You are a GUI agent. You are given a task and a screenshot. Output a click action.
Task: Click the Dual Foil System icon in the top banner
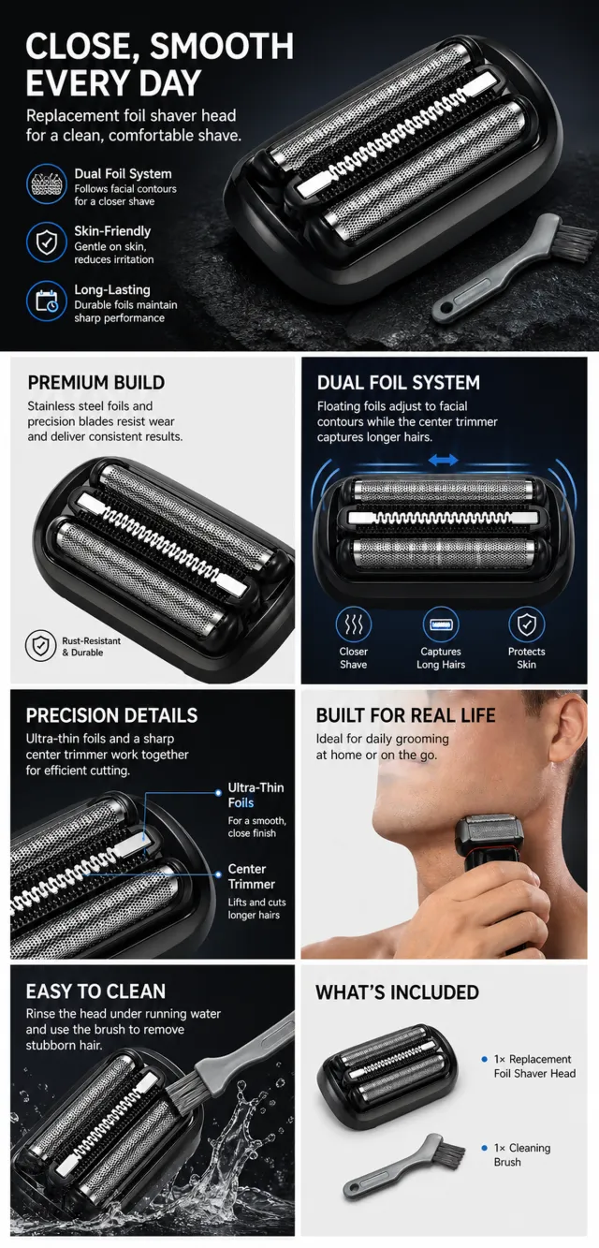[47, 184]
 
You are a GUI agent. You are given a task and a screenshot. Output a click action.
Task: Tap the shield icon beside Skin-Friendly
[47, 242]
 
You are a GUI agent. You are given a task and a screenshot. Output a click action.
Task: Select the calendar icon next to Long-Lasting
[47, 301]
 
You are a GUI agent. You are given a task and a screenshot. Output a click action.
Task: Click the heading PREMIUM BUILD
[96, 383]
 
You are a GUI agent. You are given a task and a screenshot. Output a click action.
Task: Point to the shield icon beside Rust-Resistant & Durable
[40, 646]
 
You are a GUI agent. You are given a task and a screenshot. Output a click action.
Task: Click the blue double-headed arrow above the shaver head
[444, 461]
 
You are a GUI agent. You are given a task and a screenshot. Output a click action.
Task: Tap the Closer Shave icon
[353, 624]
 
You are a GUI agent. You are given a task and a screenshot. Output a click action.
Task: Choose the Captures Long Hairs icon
[441, 624]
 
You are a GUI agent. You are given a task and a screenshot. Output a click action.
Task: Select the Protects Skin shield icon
[527, 624]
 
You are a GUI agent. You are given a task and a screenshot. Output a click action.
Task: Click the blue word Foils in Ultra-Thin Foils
[241, 803]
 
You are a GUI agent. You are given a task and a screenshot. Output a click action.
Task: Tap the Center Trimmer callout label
[252, 876]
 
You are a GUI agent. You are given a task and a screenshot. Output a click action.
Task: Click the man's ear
[569, 737]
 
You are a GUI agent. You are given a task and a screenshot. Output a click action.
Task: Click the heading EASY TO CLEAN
[95, 991]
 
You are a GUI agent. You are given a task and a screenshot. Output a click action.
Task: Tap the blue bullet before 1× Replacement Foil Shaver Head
[484, 1059]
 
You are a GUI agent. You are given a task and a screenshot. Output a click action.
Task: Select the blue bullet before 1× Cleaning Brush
[484, 1148]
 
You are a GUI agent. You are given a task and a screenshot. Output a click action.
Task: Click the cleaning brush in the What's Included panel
[403, 1166]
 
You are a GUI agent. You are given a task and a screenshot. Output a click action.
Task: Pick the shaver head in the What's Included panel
[387, 1077]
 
